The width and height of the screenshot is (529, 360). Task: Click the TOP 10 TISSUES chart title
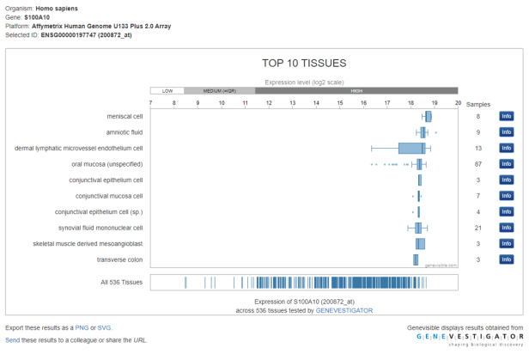click(x=304, y=63)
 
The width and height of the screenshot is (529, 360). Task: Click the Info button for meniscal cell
click(x=506, y=116)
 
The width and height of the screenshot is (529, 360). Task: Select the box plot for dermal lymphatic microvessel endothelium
click(x=411, y=148)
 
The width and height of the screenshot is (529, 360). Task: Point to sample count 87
click(x=477, y=164)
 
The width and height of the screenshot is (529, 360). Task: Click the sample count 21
click(x=477, y=228)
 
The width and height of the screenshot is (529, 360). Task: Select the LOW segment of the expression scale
click(x=167, y=90)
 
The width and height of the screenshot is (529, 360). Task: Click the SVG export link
click(x=104, y=327)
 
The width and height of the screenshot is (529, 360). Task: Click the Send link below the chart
click(x=13, y=340)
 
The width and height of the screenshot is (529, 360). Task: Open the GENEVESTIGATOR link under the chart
click(x=344, y=310)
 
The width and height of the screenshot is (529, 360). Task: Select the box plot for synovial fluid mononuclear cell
click(x=418, y=228)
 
